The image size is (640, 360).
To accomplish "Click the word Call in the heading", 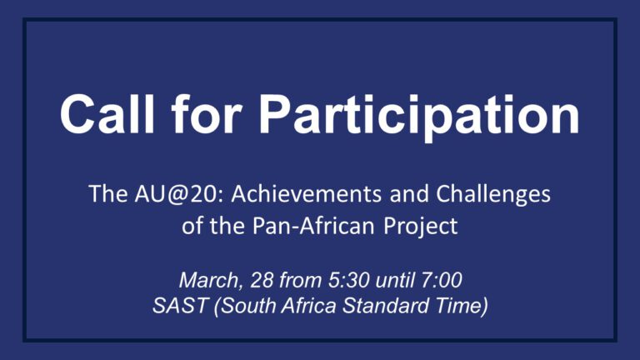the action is coord(108,113).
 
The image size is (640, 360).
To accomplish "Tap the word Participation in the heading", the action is coord(419,117).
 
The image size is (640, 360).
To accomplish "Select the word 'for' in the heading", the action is coord(207,113).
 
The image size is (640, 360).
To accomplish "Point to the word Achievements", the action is coord(307,193).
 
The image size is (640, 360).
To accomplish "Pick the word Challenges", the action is coord(493,195).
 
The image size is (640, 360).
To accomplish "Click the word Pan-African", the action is coord(313,226).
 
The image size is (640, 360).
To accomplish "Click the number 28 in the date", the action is coord(262,280).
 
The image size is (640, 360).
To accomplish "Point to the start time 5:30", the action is coord(348,280).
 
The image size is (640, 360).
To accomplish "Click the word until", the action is coord(395,280).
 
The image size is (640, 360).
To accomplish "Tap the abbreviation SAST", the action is coord(180,306).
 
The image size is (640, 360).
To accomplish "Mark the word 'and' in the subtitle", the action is coord(409,194).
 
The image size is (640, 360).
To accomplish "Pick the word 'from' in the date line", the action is coord(300,280).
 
